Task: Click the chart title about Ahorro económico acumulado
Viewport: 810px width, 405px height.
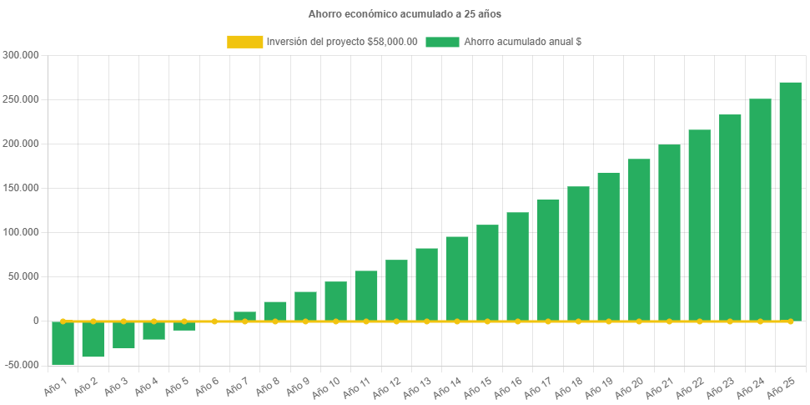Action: [405, 14]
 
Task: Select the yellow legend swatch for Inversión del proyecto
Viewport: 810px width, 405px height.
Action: [244, 42]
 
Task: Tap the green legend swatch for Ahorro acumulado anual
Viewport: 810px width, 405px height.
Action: [442, 42]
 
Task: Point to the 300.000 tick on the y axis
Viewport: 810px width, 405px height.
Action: [23, 55]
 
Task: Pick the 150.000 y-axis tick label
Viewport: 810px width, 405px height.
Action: [23, 188]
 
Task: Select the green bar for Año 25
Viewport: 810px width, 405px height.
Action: [790, 200]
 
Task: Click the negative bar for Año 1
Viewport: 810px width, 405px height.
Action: [63, 343]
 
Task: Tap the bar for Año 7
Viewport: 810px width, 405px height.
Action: [244, 316]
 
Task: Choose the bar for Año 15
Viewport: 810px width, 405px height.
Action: [487, 272]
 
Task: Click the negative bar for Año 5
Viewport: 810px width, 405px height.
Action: [184, 326]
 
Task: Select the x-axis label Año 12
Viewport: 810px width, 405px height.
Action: [390, 385]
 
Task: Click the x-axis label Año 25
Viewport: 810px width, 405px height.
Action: [784, 385]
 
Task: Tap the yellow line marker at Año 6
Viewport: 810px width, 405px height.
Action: [214, 321]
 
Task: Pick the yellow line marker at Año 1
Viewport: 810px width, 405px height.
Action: [63, 321]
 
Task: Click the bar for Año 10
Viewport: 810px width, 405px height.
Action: [335, 301]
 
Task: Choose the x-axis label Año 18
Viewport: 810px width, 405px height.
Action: [571, 385]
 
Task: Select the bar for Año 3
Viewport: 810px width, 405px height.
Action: [123, 335]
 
